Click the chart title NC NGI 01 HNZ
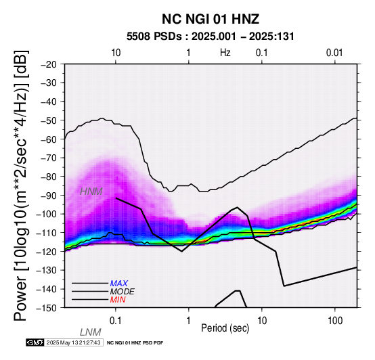click(x=211, y=19)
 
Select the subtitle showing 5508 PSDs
click(x=211, y=37)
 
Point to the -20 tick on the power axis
click(x=49, y=64)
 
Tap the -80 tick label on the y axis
click(x=49, y=177)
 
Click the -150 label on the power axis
click(x=47, y=308)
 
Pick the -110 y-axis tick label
click(x=47, y=233)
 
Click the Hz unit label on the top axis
click(x=225, y=53)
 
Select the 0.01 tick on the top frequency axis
click(x=334, y=53)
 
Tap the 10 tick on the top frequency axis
click(x=116, y=53)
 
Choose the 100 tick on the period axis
click(x=335, y=321)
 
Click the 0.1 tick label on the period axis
click(x=116, y=321)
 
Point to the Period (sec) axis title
click(x=225, y=328)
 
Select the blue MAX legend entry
click(x=118, y=284)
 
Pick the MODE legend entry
click(x=123, y=292)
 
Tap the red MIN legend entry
click(x=118, y=300)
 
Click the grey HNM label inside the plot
click(x=91, y=192)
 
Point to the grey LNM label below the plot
click(x=91, y=332)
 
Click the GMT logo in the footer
click(x=35, y=342)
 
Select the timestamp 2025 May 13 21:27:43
click(x=73, y=342)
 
